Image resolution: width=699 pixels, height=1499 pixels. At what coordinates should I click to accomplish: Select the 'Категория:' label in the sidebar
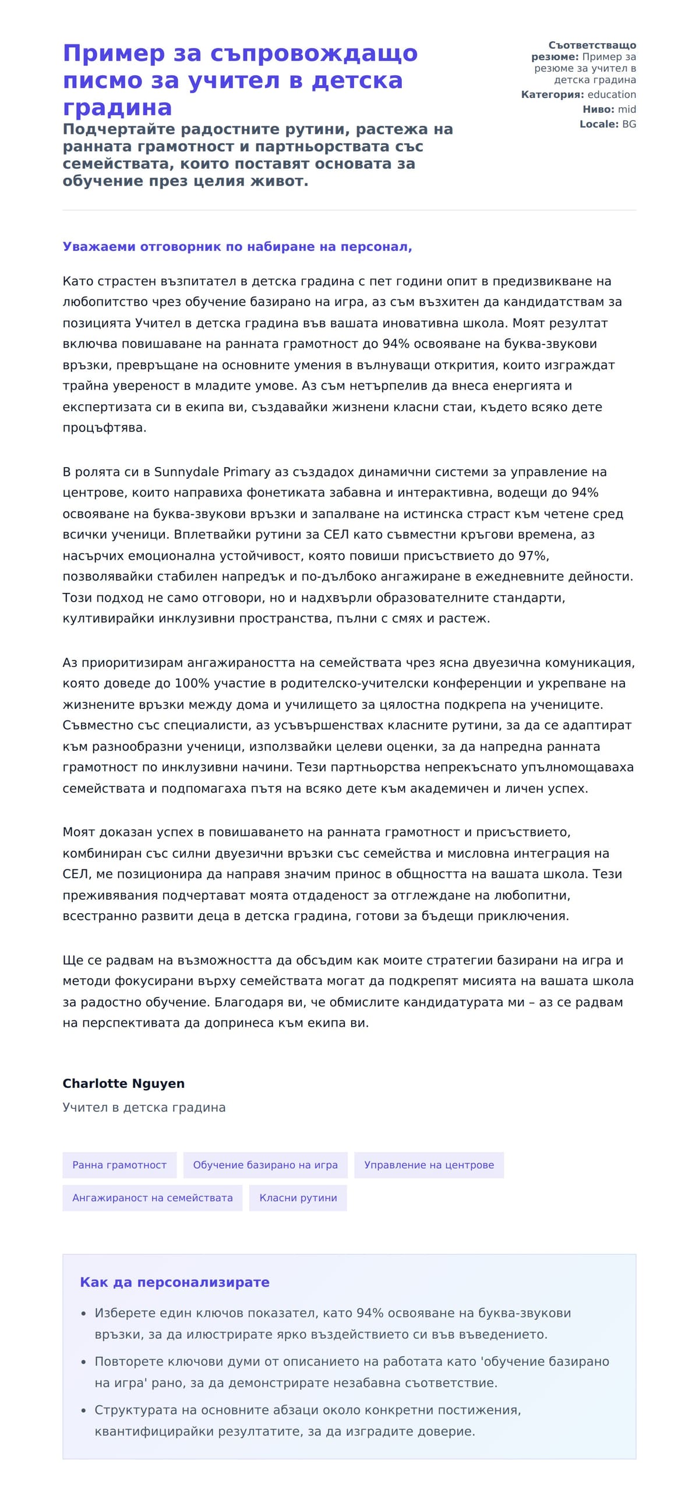[552, 94]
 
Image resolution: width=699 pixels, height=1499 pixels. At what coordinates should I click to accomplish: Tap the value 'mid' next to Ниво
[627, 109]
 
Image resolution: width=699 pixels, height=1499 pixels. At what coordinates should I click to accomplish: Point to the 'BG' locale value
[629, 124]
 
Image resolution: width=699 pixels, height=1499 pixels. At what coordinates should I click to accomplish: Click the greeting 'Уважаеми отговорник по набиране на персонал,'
[237, 247]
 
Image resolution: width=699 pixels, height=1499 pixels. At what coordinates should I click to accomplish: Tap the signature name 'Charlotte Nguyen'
[123, 1084]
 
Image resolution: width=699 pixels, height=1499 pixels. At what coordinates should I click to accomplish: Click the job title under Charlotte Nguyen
[144, 1108]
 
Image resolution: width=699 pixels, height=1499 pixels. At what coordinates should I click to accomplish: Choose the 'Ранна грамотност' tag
[119, 1165]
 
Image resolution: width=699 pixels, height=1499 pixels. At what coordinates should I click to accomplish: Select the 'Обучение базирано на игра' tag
[265, 1165]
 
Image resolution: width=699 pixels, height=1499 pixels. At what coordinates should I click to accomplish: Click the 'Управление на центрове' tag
[429, 1165]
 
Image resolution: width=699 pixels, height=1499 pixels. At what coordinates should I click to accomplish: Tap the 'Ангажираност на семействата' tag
[152, 1198]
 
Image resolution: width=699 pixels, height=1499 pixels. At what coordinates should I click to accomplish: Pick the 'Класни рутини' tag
[298, 1198]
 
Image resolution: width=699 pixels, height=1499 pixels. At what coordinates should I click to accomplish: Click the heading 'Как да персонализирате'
[175, 1282]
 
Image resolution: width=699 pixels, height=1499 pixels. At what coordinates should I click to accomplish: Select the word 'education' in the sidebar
[612, 94]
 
